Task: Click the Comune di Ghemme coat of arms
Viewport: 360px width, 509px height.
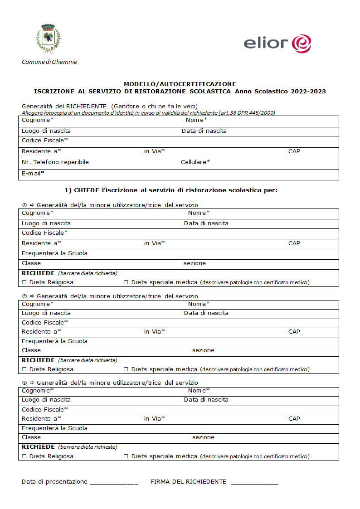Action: point(48,39)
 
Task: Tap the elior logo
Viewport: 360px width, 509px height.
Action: point(277,44)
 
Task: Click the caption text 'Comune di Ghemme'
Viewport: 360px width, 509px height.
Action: point(49,62)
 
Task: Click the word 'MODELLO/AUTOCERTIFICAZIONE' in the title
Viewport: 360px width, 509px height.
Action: point(180,84)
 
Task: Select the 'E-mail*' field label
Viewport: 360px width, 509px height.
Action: point(33,173)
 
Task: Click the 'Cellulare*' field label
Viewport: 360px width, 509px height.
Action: point(195,162)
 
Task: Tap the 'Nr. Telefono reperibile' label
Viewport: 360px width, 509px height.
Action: point(55,162)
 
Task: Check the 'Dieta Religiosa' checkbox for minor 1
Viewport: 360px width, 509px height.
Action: point(24,282)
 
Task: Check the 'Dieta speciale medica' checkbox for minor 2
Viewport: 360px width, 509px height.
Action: point(126,369)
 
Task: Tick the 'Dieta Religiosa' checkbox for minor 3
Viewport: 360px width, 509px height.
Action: point(24,456)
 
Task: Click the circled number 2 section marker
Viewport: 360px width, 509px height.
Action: point(24,296)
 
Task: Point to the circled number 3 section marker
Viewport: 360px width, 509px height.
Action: point(24,383)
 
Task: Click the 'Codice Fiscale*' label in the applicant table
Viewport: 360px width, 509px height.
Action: point(45,141)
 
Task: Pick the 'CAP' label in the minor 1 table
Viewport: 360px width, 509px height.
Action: point(294,243)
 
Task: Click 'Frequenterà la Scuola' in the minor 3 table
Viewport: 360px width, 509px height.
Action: point(54,428)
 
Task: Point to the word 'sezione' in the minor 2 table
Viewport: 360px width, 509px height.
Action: point(203,350)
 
